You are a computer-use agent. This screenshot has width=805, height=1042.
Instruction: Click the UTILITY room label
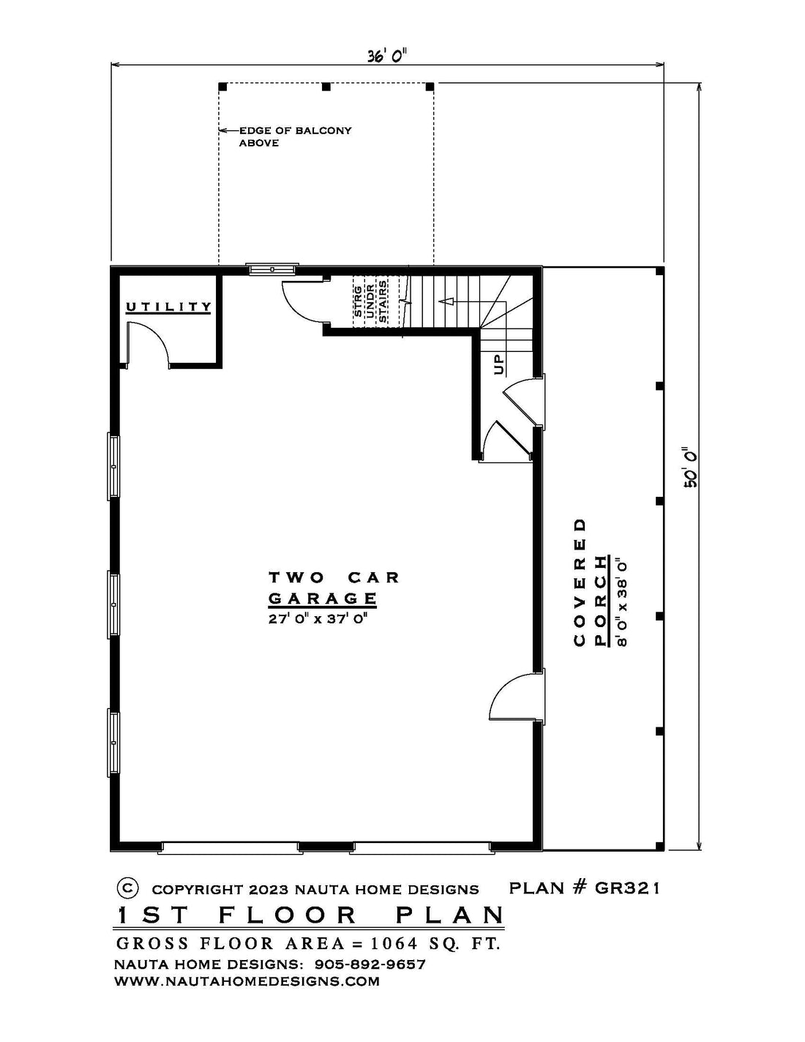(168, 307)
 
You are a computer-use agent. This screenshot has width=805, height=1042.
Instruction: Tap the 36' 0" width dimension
(387, 56)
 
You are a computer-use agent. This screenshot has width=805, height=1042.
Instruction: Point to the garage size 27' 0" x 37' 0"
(321, 619)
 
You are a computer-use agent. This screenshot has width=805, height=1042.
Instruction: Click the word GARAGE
(322, 599)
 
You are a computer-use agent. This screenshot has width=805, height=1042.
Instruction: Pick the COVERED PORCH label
(590, 582)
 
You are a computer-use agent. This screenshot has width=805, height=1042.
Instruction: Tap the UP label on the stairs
(498, 364)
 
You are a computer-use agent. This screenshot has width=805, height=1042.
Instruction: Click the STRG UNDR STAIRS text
(370, 301)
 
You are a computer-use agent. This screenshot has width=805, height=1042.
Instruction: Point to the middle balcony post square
(326, 87)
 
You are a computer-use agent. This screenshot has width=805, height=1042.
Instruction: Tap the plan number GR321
(627, 888)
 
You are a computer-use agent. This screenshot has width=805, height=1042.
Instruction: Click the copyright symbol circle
(127, 888)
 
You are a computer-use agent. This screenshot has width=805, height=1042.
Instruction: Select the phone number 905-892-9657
(370, 964)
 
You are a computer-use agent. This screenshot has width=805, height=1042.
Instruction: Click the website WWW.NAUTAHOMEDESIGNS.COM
(247, 981)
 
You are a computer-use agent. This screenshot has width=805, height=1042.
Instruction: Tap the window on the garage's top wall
(272, 269)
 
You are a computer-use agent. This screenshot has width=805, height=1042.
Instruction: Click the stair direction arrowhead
(446, 301)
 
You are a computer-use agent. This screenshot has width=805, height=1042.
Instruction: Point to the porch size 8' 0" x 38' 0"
(622, 601)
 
